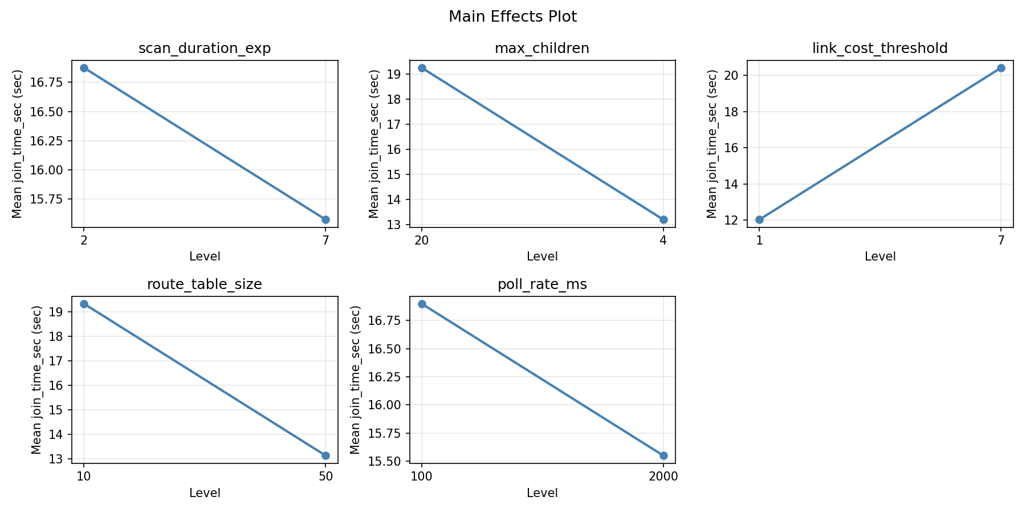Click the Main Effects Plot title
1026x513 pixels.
pos(512,17)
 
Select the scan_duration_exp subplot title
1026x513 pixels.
pos(205,48)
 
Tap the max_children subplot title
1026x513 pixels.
pos(542,48)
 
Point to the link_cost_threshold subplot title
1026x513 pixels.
pos(880,48)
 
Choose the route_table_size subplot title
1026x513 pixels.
pos(205,284)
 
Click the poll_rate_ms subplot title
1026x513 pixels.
pos(542,284)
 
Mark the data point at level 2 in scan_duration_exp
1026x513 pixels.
pos(84,68)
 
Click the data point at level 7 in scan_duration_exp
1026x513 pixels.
pos(325,219)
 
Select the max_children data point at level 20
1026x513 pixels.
pos(422,68)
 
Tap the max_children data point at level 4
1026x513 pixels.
pos(663,219)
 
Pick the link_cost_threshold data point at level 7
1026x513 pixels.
pos(1001,68)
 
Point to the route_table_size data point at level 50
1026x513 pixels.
pos(325,455)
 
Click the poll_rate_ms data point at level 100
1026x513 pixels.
pos(422,304)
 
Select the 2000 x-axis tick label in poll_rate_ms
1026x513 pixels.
pos(663,477)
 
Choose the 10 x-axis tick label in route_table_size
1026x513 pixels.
pos(84,477)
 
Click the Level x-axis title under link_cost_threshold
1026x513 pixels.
pos(880,256)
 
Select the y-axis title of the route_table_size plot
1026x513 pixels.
pos(36,380)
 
